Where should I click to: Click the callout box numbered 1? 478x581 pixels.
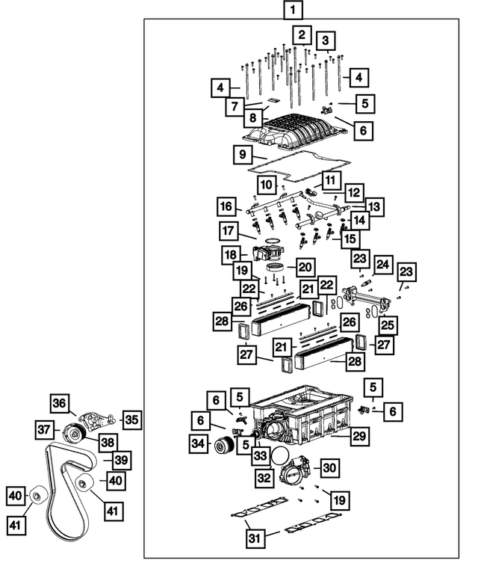click(x=294, y=10)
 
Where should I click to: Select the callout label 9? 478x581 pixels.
click(x=240, y=156)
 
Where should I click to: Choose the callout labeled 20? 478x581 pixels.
click(x=305, y=266)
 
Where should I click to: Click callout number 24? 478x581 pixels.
click(x=383, y=265)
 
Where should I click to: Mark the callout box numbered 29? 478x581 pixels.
click(x=360, y=435)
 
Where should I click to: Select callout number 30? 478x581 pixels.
click(x=330, y=467)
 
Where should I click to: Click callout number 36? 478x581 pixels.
click(x=59, y=403)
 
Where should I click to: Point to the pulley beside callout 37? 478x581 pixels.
click(x=73, y=432)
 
